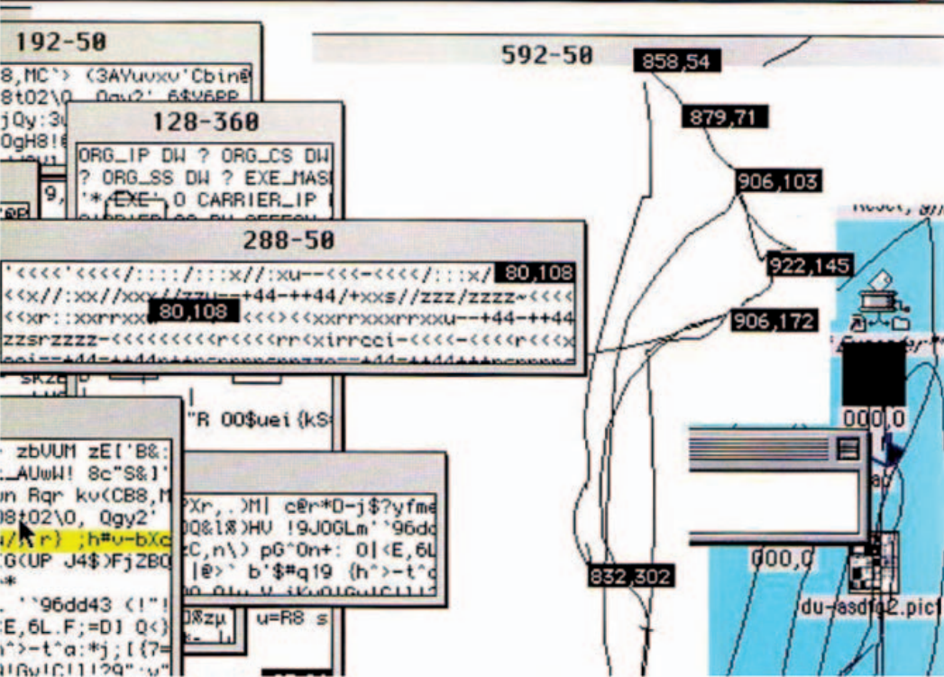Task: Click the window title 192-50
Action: point(60,41)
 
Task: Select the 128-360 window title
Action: point(205,122)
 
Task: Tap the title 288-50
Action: point(289,241)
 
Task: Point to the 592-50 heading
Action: point(546,54)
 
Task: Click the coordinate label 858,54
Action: point(676,61)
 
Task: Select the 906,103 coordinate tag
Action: point(776,181)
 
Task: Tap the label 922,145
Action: point(810,265)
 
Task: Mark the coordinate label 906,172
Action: point(773,321)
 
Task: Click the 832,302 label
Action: point(629,576)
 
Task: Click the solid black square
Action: point(873,373)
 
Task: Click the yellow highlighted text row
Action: point(90,539)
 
